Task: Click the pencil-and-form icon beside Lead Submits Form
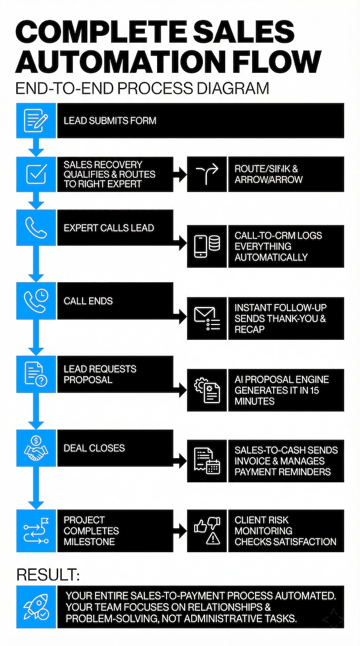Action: (36, 120)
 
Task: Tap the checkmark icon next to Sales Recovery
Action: (36, 174)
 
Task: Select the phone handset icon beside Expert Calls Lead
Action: (36, 228)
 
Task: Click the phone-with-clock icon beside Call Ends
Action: (36, 301)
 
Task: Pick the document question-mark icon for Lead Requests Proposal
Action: (36, 374)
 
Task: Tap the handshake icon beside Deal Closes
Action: (36, 448)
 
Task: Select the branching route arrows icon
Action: (207, 174)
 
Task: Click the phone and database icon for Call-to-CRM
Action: (207, 246)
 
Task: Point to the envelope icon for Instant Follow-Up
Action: (207, 319)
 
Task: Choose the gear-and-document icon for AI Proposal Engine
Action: (207, 390)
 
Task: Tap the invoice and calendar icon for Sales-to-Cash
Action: (207, 461)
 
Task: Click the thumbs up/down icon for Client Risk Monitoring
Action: (207, 531)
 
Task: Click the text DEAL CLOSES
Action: (94, 448)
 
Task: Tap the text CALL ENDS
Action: (88, 301)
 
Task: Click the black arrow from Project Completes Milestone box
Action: (180, 531)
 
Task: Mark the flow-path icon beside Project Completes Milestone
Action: (36, 531)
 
